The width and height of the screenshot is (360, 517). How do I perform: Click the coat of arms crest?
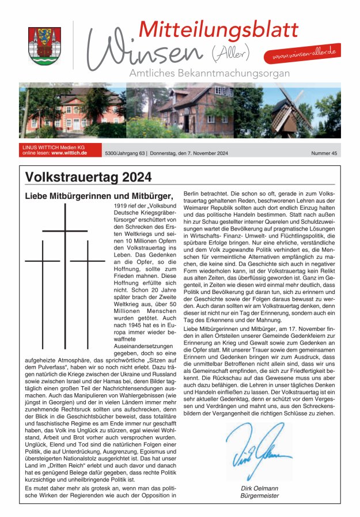pyautogui.click(x=44, y=46)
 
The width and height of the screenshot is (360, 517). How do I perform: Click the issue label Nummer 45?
pyautogui.click(x=324, y=153)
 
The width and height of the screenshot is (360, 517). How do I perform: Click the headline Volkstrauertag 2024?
pyautogui.click(x=88, y=177)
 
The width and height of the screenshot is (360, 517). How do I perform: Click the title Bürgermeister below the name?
pyautogui.click(x=259, y=495)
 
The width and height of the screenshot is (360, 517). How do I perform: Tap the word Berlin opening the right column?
pyautogui.click(x=194, y=196)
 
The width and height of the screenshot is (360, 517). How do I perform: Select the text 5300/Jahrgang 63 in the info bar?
pyautogui.click(x=123, y=153)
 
